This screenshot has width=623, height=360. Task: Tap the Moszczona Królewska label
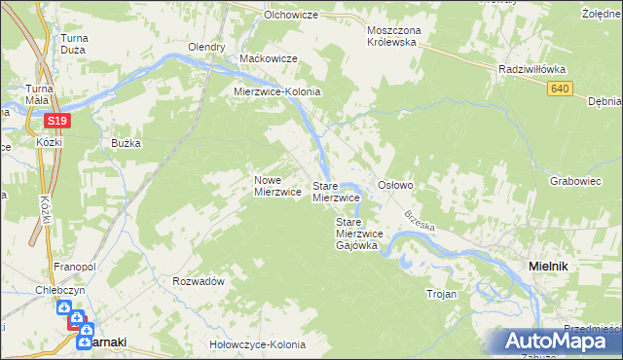click(x=391, y=36)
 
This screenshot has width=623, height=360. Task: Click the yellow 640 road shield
click(x=558, y=90)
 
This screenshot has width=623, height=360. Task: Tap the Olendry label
click(x=206, y=47)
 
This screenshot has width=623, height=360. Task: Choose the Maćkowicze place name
click(x=268, y=59)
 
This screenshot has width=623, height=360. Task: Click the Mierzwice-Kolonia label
click(x=276, y=91)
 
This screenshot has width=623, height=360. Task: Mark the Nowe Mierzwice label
click(x=276, y=186)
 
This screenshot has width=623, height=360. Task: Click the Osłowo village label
click(x=396, y=185)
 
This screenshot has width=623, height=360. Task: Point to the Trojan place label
click(x=441, y=294)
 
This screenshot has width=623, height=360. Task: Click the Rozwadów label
click(x=198, y=280)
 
